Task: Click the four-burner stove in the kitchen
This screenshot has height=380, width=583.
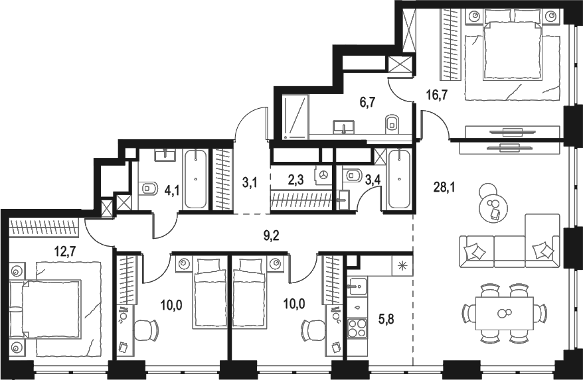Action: tap(357, 328)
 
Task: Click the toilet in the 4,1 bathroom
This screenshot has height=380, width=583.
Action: tap(147, 188)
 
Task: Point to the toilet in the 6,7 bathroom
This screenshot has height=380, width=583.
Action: tap(392, 122)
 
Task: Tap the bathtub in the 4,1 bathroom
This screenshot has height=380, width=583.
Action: tap(195, 179)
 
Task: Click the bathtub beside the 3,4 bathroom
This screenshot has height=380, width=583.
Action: tap(399, 179)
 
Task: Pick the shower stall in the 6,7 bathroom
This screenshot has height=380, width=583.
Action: tap(295, 117)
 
